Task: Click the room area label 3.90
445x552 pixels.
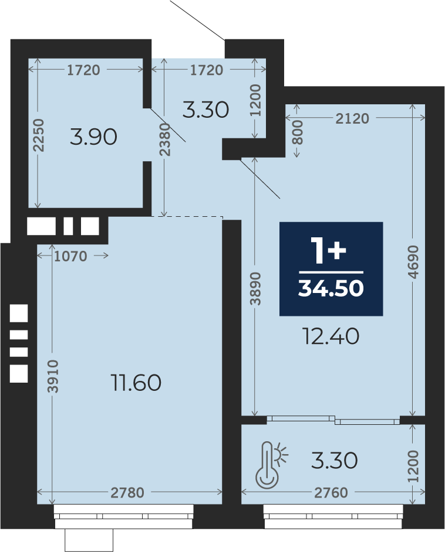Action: pyautogui.click(x=93, y=137)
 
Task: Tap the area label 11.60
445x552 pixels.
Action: pyautogui.click(x=136, y=383)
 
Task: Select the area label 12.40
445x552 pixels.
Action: pyautogui.click(x=331, y=336)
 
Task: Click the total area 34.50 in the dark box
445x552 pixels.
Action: pyautogui.click(x=331, y=288)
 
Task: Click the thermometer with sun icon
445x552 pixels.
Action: pyautogui.click(x=271, y=465)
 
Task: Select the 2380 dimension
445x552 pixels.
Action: pyautogui.click(x=164, y=139)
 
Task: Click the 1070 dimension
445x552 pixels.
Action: pyautogui.click(x=70, y=256)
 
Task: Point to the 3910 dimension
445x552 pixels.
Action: pyautogui.click(x=53, y=376)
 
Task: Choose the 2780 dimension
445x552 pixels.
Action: pyautogui.click(x=127, y=492)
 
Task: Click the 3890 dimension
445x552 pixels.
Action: pyautogui.click(x=255, y=288)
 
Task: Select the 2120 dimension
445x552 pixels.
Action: pyautogui.click(x=352, y=118)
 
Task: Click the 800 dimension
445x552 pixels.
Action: pyautogui.click(x=298, y=132)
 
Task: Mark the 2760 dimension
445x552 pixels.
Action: pyautogui.click(x=331, y=492)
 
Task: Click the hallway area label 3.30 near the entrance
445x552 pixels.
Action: pyautogui.click(x=205, y=110)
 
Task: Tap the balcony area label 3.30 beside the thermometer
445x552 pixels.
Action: pyautogui.click(x=334, y=461)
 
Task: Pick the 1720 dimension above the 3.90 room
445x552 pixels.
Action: pyautogui.click(x=83, y=70)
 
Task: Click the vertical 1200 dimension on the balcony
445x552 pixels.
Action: pyautogui.click(x=413, y=466)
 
